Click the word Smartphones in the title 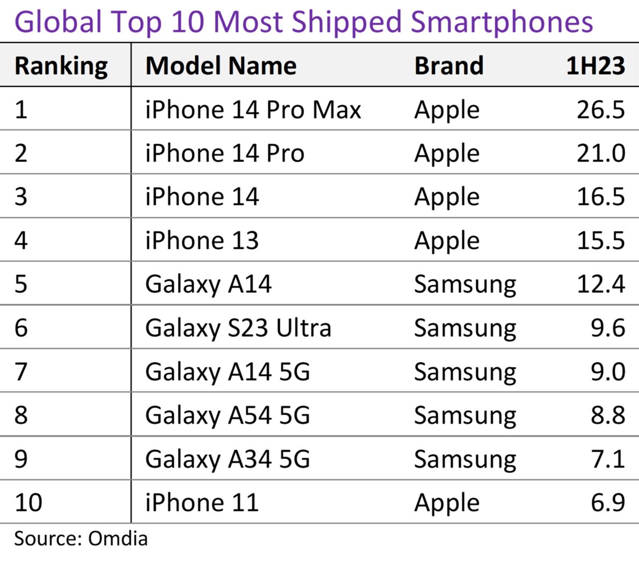click(502, 23)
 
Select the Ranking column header click(61, 66)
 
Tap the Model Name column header click(221, 66)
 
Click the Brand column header click(449, 66)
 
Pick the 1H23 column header click(595, 66)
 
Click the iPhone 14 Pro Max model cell click(253, 110)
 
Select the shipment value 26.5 click(600, 110)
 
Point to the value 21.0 click(600, 153)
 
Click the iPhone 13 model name click(202, 241)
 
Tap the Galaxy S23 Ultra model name click(238, 328)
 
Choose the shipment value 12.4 click(600, 284)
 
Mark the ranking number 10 click(28, 503)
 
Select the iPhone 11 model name click(202, 503)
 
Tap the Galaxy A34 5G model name click(227, 459)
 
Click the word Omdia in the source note click(117, 538)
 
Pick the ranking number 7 click(21, 372)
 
